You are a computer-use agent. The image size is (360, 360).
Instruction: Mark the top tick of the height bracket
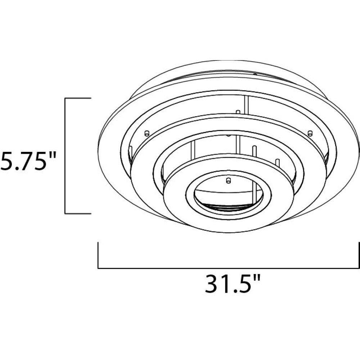pos(78,98)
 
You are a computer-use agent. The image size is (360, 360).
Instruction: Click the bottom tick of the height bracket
pos(78,213)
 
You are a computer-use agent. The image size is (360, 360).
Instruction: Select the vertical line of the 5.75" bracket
pos(66,156)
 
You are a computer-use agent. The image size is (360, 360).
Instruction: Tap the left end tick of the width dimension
pos(98,255)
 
